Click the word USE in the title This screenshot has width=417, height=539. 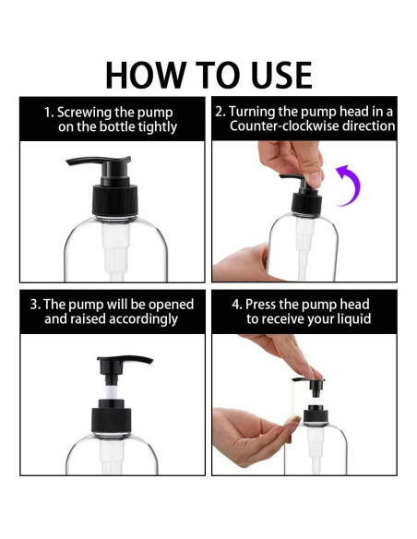(x=281, y=75)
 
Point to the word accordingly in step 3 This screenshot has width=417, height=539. (x=143, y=319)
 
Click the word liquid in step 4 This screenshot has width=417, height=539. (x=352, y=319)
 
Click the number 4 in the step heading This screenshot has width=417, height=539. (x=236, y=305)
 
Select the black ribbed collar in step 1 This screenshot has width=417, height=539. (x=115, y=200)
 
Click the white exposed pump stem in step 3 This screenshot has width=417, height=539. (x=112, y=391)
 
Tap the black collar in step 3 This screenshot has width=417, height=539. (x=112, y=416)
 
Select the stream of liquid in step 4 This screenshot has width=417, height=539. (x=293, y=399)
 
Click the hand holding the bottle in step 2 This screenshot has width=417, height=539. (x=241, y=262)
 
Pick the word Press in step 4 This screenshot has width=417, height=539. (x=260, y=305)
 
